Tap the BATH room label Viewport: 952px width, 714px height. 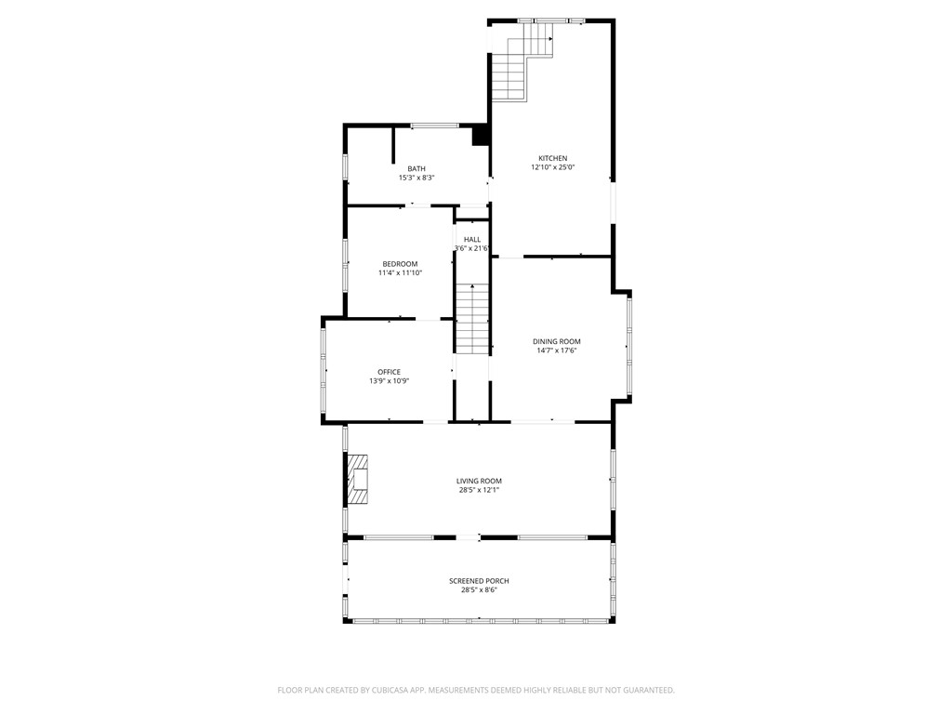click(416, 168)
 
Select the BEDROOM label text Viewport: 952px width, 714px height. click(400, 264)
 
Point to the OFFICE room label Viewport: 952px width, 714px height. click(389, 372)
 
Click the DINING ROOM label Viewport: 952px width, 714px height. click(556, 341)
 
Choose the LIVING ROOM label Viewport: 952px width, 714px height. click(479, 481)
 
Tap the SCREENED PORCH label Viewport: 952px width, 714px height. click(479, 581)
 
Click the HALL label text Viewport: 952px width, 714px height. click(472, 240)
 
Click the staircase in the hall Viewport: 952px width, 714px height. click(472, 318)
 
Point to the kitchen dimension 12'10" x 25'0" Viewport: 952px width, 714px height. click(552, 168)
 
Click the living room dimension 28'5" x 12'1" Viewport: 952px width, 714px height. click(479, 491)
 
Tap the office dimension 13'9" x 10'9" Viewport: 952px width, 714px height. click(389, 381)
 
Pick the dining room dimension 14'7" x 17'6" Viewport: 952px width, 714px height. click(556, 351)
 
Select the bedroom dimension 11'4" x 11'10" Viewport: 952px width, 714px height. click(400, 273)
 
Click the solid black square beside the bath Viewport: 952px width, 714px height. click(481, 136)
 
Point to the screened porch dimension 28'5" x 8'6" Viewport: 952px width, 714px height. click(479, 590)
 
